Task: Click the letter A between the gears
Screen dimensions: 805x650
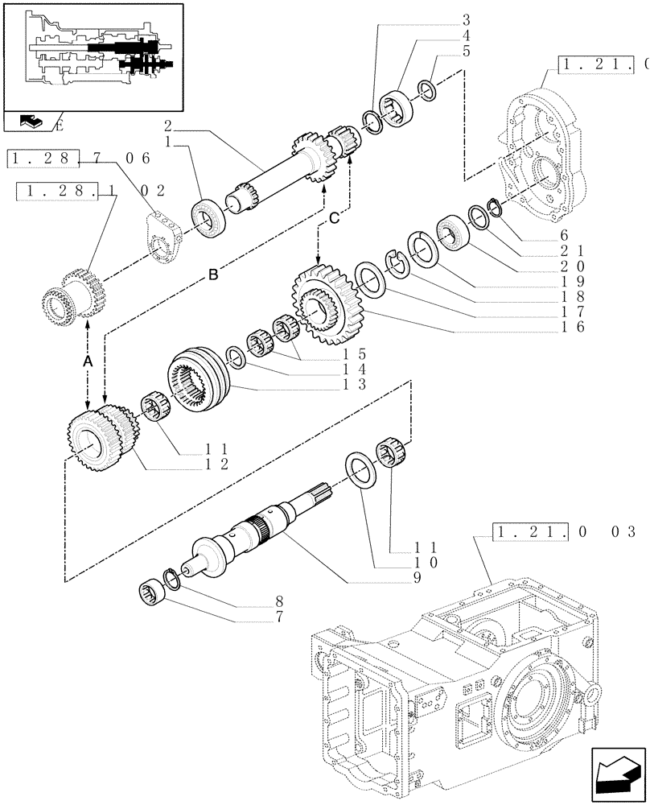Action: [x=88, y=363]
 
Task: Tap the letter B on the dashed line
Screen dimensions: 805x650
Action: [x=213, y=275]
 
